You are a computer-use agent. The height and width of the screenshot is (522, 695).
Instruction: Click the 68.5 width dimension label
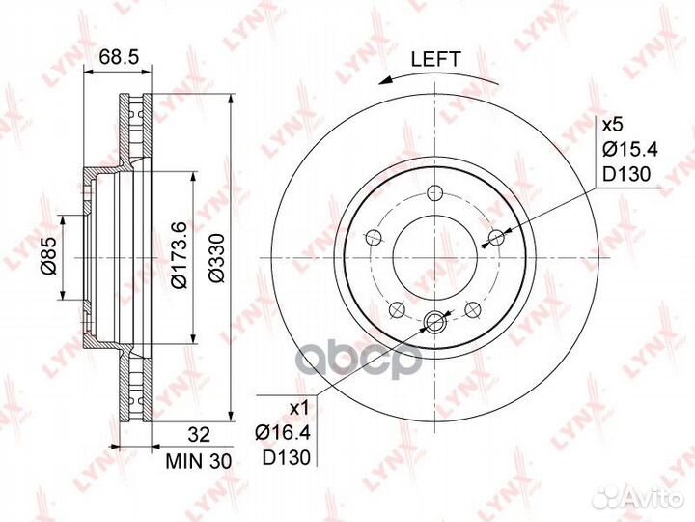pos(119,56)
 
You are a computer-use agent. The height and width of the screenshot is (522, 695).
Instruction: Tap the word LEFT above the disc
pos(436,59)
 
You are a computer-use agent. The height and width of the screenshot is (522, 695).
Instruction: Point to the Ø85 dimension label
pos(49,255)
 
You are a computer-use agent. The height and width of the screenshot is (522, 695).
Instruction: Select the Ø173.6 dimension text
pos(180,256)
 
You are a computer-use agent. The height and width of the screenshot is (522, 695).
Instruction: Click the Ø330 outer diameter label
pos(217,258)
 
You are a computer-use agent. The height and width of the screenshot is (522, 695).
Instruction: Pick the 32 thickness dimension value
pos(199,435)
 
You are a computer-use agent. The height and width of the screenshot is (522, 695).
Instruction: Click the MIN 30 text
pos(199,462)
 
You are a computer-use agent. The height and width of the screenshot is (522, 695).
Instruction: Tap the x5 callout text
pos(613,125)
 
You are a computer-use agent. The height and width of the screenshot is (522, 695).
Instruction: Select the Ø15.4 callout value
pos(630,150)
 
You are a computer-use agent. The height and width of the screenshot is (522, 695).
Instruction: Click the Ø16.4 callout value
pos(283,432)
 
